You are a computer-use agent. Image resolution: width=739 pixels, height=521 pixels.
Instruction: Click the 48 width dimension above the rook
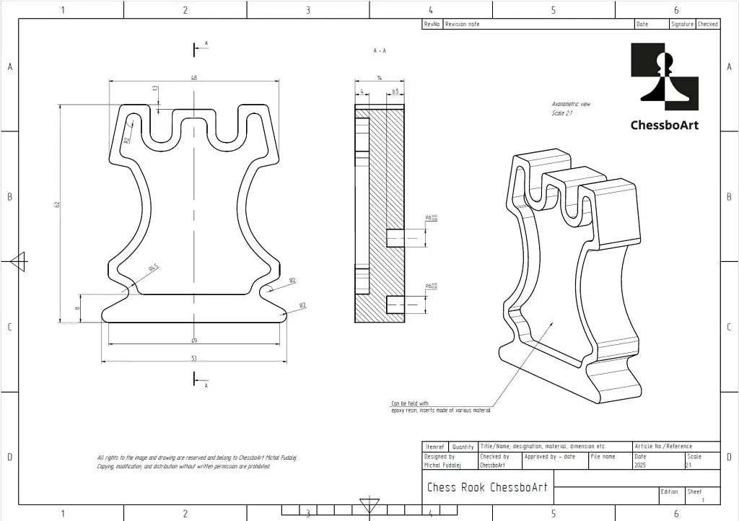tap(193, 77)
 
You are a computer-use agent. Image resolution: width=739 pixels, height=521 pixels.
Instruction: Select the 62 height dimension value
tap(56, 205)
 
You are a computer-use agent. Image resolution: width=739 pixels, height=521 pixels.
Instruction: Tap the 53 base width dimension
tap(193, 358)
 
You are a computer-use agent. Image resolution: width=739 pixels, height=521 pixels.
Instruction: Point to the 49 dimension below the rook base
tap(193, 341)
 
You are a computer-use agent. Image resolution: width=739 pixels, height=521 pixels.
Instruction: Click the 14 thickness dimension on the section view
tap(380, 77)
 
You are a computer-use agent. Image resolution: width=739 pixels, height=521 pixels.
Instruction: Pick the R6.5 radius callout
tap(154, 268)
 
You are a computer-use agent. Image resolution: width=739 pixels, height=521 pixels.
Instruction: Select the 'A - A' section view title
tap(380, 51)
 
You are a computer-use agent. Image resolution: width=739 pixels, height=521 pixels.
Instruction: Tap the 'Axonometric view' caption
tap(571, 105)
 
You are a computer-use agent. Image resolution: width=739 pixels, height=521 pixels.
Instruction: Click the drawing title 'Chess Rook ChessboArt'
tap(487, 487)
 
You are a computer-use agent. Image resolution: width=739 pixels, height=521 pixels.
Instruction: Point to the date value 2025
tap(640, 465)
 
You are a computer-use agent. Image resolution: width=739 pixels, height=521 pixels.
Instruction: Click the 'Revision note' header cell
tap(463, 24)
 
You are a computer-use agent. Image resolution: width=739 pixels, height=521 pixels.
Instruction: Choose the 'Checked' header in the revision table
tap(707, 24)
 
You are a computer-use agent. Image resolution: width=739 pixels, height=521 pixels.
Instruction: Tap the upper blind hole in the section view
tap(395, 237)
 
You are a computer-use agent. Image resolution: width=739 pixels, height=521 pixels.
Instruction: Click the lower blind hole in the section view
tap(395, 305)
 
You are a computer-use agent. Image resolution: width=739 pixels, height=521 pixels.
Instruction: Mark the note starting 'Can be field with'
tap(441, 407)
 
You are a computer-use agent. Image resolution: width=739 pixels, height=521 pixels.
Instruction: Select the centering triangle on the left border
tap(18, 261)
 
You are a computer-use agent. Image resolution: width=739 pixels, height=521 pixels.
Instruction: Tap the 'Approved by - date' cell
tap(550, 457)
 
